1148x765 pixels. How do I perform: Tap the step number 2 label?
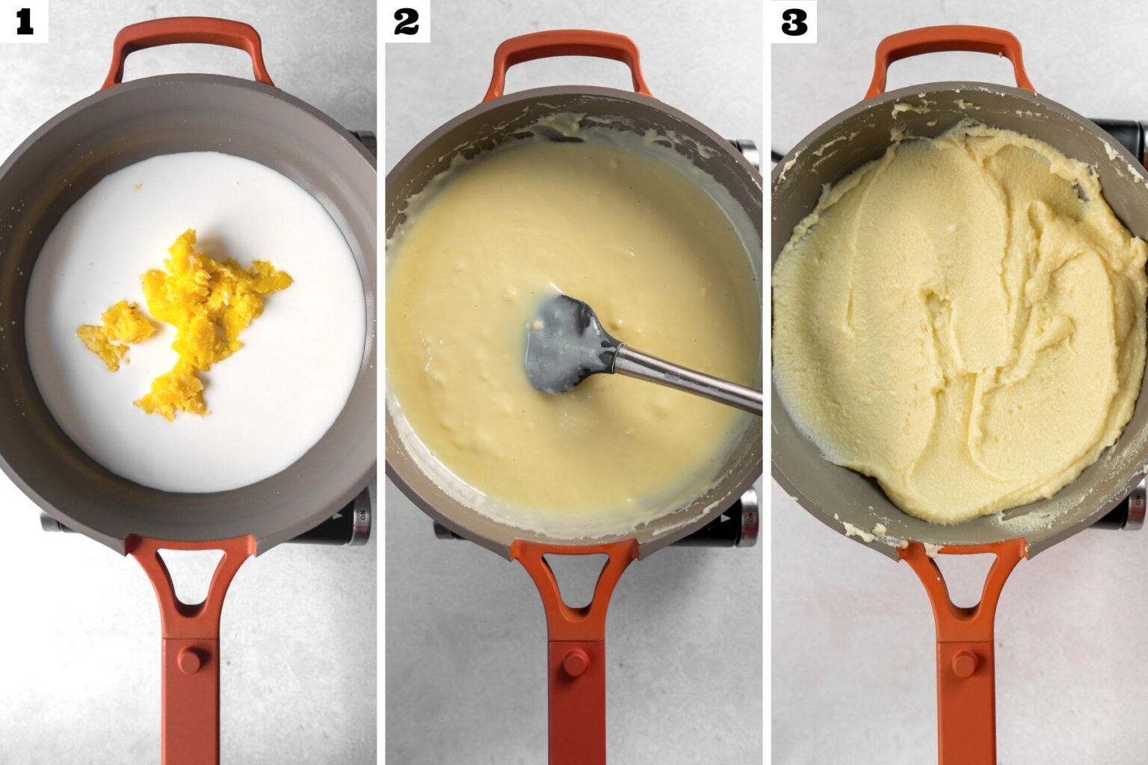[407, 22]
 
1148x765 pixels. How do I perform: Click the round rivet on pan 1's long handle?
[190, 660]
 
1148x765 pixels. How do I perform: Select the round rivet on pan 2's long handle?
[575, 663]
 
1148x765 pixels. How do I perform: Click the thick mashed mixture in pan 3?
[953, 328]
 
